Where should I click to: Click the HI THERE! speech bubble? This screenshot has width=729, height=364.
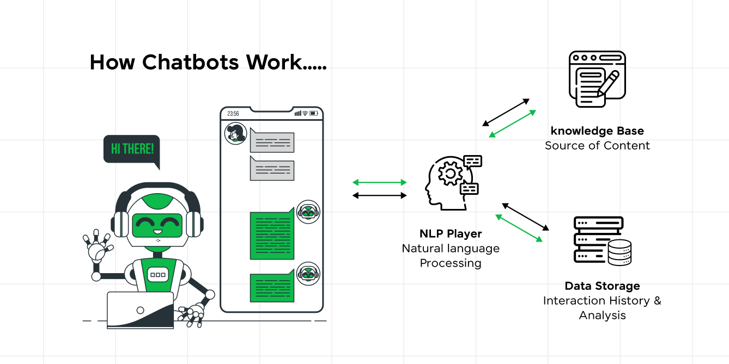131,149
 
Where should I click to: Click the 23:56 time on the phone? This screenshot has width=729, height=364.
233,114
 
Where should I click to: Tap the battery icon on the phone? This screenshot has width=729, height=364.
314,113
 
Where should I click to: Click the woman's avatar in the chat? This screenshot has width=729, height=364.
235,133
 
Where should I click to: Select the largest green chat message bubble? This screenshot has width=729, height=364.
271,236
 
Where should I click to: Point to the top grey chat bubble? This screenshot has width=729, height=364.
272,143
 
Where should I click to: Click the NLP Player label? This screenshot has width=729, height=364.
451,234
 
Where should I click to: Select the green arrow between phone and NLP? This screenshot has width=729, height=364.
380,182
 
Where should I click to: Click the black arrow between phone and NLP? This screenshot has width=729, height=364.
380,195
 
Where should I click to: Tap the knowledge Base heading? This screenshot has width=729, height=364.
597,131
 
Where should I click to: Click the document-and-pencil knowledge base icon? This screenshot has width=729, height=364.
597,79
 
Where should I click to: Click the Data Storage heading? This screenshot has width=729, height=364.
602,286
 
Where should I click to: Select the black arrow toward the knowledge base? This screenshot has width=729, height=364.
506,113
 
